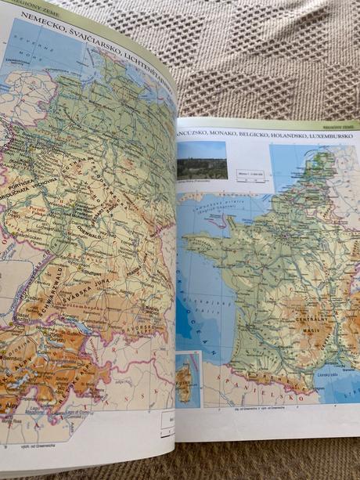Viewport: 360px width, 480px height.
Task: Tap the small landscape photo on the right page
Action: pos(203,161)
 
